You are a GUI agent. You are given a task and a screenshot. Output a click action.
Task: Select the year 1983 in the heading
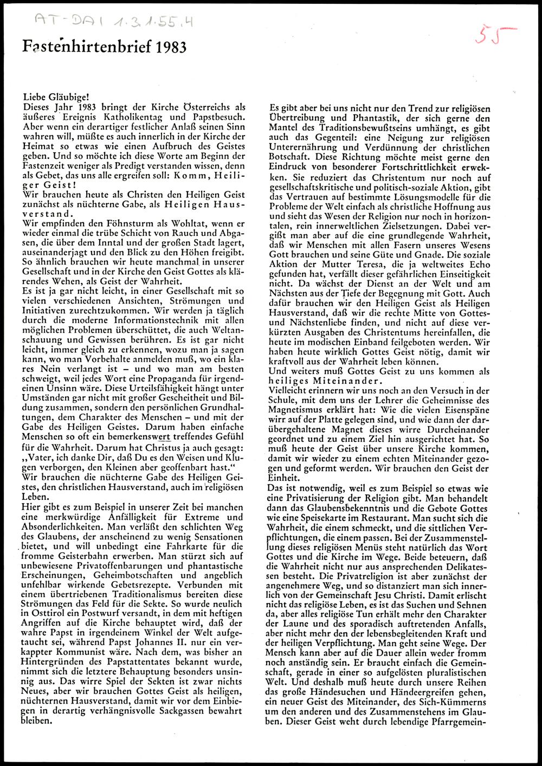pos(171,48)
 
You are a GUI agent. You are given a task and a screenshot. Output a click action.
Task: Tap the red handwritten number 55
pos(495,35)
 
